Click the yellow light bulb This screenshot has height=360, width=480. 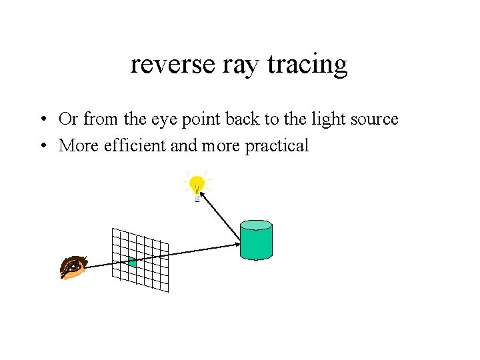point(197,183)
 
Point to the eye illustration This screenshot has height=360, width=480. point(73,266)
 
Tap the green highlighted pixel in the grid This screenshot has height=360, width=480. point(132,262)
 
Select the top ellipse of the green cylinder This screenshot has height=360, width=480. point(256,225)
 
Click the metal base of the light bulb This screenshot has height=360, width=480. point(197,197)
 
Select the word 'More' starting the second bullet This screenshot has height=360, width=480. point(79,145)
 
